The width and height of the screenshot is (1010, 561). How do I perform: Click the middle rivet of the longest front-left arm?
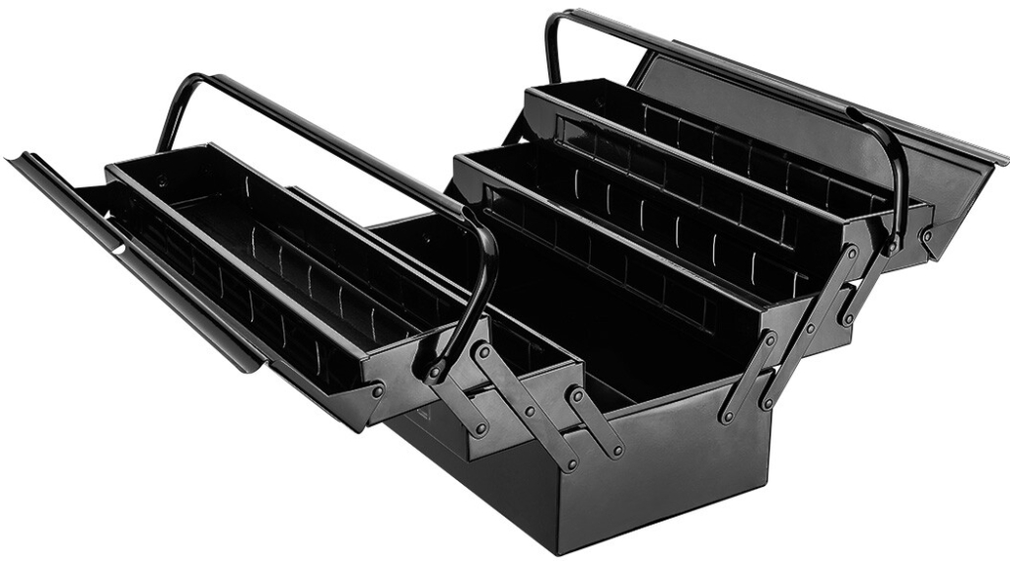pos(529,408)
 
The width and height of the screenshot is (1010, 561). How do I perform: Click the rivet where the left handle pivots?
pos(433,373)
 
